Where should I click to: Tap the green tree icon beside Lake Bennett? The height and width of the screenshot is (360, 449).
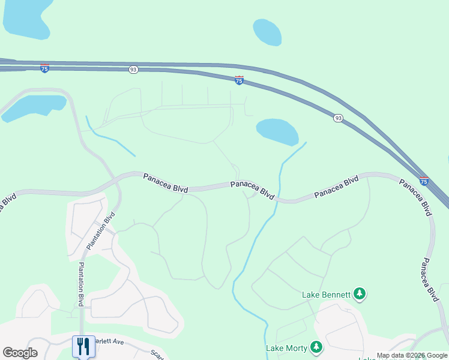coord(360,293)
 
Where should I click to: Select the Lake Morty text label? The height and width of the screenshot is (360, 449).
coord(286,347)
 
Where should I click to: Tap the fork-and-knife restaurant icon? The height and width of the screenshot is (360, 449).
coord(83,346)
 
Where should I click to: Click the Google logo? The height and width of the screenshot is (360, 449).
coord(20,353)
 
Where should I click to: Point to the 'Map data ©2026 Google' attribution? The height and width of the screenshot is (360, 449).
coord(412,356)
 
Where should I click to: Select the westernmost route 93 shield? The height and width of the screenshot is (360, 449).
coord(133,70)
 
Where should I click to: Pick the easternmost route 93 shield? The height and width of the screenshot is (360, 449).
coord(339,119)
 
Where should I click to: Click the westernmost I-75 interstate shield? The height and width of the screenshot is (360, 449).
coord(44,68)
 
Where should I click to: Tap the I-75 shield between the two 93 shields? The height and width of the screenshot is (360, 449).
coord(239,80)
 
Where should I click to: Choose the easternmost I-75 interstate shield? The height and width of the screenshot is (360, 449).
coord(424,181)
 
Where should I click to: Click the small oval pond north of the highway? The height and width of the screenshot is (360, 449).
coord(267,32)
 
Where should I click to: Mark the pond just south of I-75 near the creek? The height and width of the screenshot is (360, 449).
coord(277,131)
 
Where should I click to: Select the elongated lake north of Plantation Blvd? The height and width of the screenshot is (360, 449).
coord(34,106)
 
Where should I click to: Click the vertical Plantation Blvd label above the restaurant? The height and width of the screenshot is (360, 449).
coord(80,284)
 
